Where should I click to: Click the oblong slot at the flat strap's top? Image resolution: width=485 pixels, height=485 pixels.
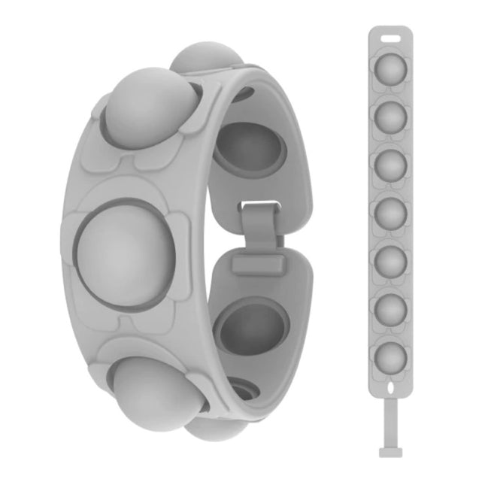pos(390,36)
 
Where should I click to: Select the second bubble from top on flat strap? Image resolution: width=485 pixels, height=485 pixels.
pos(390,116)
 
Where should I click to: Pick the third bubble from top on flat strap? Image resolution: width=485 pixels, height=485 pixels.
pos(390,164)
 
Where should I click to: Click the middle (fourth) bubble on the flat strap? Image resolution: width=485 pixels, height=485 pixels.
pos(390,212)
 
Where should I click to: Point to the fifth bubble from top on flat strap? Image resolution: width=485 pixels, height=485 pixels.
pos(390,260)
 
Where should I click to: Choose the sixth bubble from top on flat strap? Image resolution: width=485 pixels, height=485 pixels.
pos(390,308)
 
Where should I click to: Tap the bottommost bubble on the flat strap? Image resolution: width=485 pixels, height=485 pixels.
pos(390,356)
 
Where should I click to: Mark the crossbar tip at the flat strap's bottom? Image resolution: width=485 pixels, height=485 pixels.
pos(390,453)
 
